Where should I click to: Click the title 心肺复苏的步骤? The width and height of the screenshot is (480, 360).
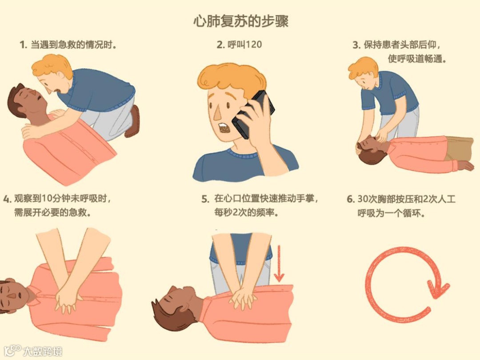click(x=240, y=21)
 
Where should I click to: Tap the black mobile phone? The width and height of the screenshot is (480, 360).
click(x=253, y=115)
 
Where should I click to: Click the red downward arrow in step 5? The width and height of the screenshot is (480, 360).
click(x=279, y=263)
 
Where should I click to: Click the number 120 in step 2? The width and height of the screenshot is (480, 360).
click(x=253, y=45)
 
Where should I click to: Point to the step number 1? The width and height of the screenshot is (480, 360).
click(x=23, y=45)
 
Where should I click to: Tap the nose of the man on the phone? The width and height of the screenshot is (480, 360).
click(x=217, y=113)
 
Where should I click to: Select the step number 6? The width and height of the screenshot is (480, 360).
click(x=350, y=199)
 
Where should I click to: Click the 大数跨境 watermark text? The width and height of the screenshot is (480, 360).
click(x=43, y=351)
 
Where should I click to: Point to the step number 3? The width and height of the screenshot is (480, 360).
click(x=356, y=45)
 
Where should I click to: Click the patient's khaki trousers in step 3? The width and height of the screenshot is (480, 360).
click(x=459, y=149)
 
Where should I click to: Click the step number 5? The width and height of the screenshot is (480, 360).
click(x=205, y=199)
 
